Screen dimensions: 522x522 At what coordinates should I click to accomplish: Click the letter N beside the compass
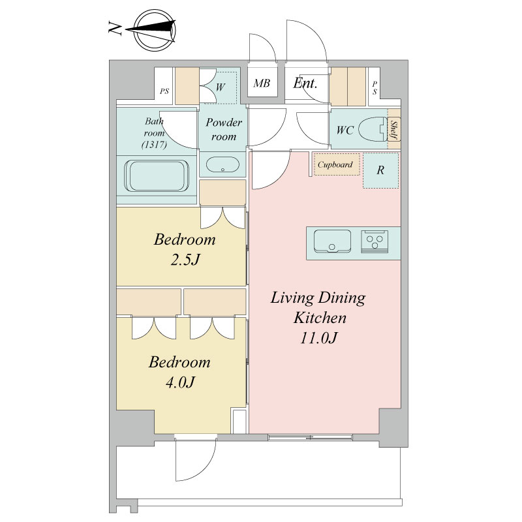click(x=115, y=28)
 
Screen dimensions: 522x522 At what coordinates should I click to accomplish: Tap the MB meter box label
click(x=262, y=84)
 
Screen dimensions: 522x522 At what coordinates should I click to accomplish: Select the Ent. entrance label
click(x=305, y=84)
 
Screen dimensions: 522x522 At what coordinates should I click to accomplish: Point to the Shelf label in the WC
click(x=394, y=129)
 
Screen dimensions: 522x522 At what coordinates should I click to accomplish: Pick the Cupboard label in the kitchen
click(x=335, y=165)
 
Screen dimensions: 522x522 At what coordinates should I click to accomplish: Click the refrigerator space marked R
click(x=380, y=170)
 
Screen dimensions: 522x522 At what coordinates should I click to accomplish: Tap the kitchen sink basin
click(x=332, y=241)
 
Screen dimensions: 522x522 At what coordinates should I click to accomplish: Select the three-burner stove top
click(x=375, y=241)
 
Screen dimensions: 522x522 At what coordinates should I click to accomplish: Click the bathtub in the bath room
click(x=157, y=176)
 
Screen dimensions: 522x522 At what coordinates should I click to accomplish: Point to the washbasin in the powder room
click(x=223, y=164)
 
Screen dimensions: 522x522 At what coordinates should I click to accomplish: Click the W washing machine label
click(x=221, y=87)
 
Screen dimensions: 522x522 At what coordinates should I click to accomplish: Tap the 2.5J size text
click(x=185, y=260)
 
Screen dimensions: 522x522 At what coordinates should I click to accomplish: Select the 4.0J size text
click(x=180, y=382)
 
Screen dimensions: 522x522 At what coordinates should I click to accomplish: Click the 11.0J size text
click(x=319, y=338)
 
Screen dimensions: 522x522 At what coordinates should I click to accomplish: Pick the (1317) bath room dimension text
click(x=154, y=144)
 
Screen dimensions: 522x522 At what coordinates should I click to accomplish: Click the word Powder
click(x=224, y=123)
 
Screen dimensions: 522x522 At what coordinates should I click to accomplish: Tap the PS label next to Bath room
click(x=164, y=91)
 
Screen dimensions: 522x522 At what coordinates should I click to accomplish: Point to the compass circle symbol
click(x=155, y=30)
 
